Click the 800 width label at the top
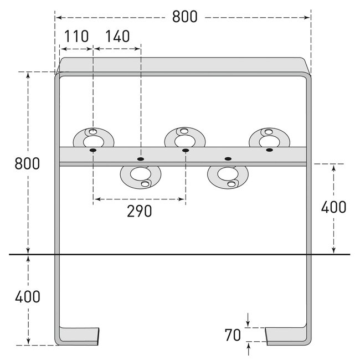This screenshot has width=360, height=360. click(x=184, y=17)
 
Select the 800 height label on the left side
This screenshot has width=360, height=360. click(x=27, y=164)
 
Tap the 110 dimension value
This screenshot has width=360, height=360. click(x=76, y=37)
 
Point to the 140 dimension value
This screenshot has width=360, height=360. click(x=117, y=37)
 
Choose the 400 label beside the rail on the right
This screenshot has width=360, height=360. click(x=333, y=207)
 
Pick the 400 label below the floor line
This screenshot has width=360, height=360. click(x=27, y=296)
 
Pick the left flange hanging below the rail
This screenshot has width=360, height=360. click(x=140, y=176)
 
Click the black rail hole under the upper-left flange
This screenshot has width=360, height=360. click(x=93, y=150)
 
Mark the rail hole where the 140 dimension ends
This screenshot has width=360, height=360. click(x=140, y=158)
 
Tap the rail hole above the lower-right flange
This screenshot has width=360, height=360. click(x=227, y=158)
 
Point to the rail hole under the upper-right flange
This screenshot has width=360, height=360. click(x=269, y=150)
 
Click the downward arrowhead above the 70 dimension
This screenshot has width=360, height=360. click(x=248, y=323)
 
